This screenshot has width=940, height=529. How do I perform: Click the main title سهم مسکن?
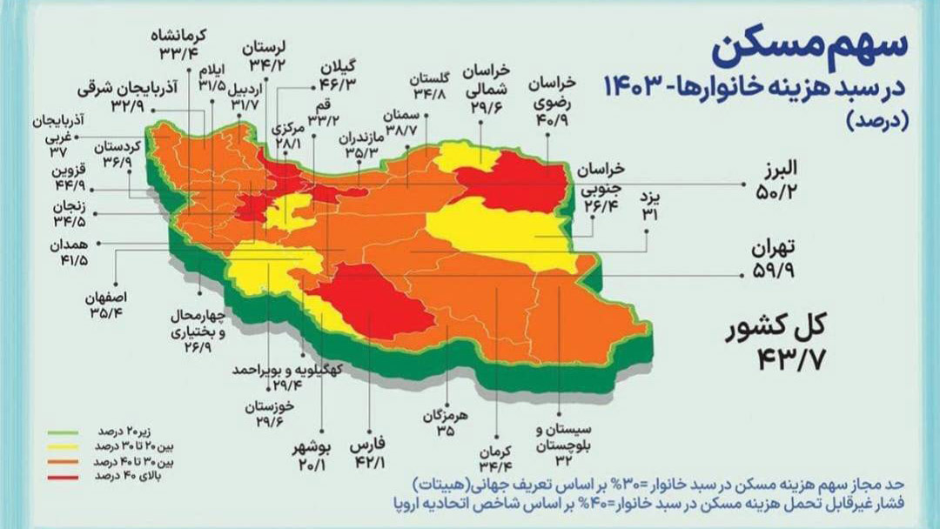(809, 49)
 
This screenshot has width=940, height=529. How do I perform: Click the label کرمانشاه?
(178, 36)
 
